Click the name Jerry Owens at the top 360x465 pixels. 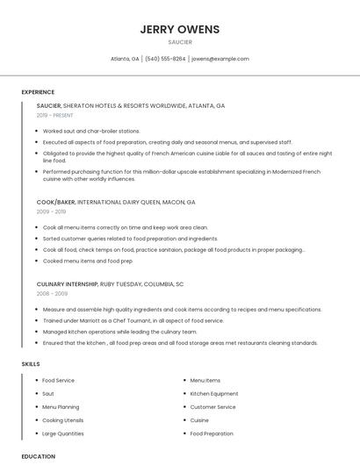pos(179,29)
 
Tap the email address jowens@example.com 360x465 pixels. pos(220,59)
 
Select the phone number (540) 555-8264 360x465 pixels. pos(165,59)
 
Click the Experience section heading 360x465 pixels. pos(38,92)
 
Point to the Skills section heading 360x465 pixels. pos(31,363)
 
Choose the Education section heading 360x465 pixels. pos(38,456)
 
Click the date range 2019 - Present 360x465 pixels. pos(54,115)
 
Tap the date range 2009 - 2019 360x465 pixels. pos(51,211)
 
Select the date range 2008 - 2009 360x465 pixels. pos(51,294)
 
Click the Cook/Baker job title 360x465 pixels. pos(56,202)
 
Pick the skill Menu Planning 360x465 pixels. pos(61,407)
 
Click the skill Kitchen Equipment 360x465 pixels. pos(214,394)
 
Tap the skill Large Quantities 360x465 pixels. pos(63,433)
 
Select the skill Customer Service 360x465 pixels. pos(213,407)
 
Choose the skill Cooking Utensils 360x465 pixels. pos(62,420)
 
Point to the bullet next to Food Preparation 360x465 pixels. pos(184,433)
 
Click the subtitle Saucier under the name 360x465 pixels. pos(179,41)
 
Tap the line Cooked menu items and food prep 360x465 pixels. pos(87,261)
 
